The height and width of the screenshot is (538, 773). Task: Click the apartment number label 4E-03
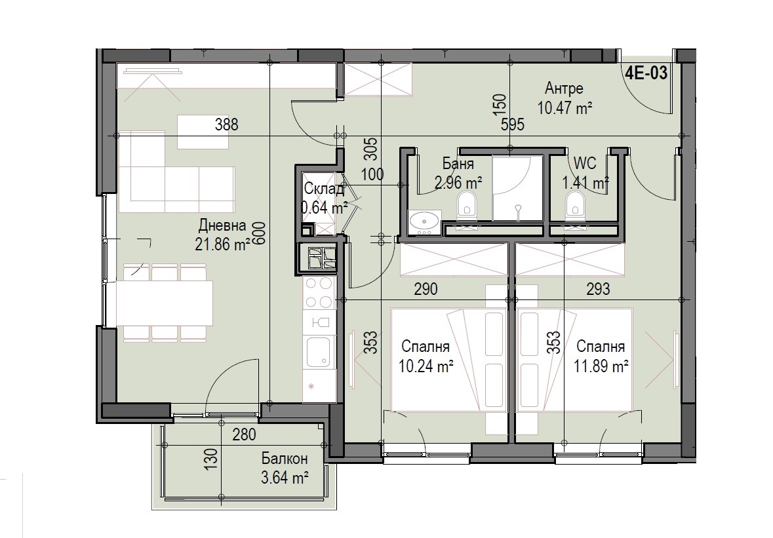coord(646,73)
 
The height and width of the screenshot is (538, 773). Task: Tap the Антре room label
coord(564,88)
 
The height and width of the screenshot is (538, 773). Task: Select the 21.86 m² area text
coord(222,244)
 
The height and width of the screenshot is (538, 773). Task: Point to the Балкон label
coord(285,459)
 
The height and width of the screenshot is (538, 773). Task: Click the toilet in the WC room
coord(574,204)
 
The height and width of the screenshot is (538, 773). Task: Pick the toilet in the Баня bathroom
coord(467,204)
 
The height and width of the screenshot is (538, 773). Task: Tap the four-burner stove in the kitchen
coord(319,293)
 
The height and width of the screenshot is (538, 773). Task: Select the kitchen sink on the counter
coord(319,353)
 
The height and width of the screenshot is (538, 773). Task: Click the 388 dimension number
coord(227,124)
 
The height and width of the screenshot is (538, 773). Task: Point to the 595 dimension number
coord(513,125)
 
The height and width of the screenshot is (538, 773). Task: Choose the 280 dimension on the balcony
coord(245,434)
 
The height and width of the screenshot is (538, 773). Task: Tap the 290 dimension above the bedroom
coord(426,289)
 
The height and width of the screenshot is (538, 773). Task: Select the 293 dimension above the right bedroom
coord(599,289)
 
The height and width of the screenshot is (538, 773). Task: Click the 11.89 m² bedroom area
coord(601,366)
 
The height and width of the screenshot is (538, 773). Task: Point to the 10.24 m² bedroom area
coord(426,366)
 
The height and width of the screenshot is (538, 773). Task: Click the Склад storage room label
coord(324,189)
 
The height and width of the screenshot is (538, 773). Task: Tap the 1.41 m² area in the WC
coord(585,183)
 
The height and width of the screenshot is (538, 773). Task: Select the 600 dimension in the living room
coord(260,233)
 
